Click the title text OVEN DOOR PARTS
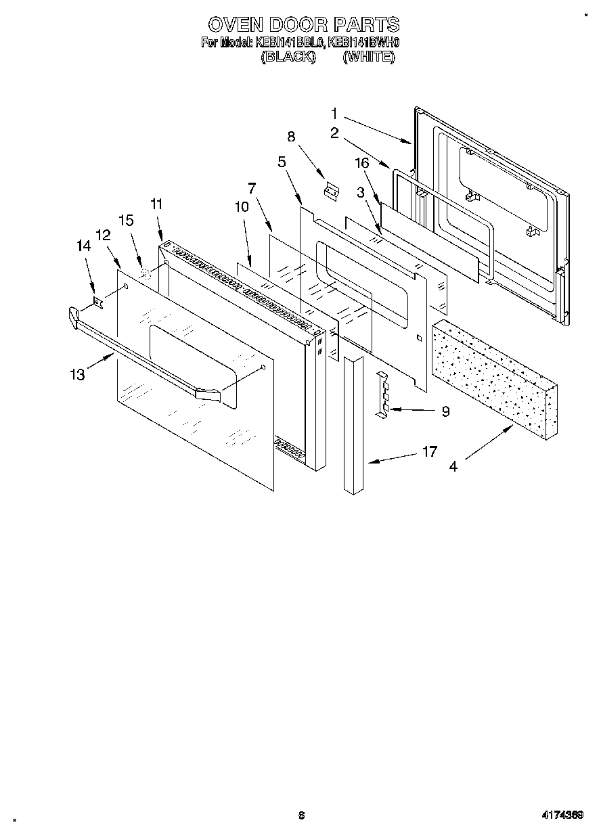[303, 25]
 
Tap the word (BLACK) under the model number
[288, 58]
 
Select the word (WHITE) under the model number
[368, 58]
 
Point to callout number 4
[453, 466]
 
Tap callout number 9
[445, 411]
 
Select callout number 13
[79, 374]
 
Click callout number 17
[429, 451]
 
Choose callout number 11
[156, 204]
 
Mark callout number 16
[362, 162]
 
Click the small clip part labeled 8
[332, 192]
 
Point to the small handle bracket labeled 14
[97, 300]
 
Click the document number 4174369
[562, 815]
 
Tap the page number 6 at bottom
[301, 815]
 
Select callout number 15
[126, 220]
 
